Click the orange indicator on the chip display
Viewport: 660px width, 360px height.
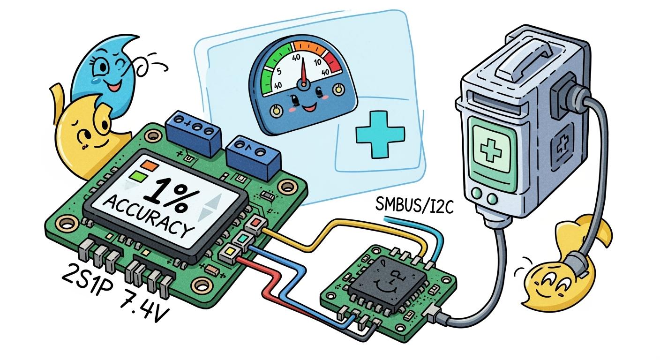click(151, 165)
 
